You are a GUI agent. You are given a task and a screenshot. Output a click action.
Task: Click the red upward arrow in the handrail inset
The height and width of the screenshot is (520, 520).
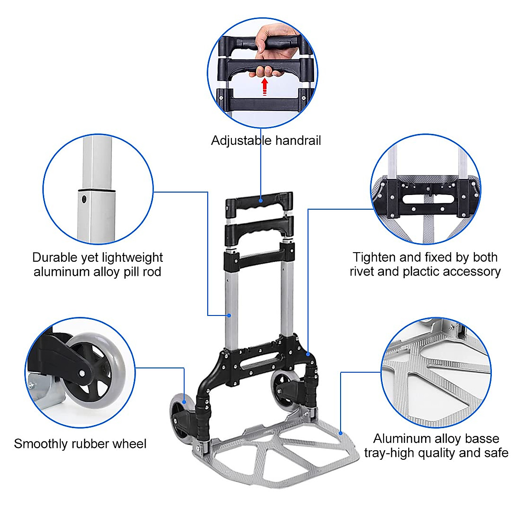(x=264, y=86)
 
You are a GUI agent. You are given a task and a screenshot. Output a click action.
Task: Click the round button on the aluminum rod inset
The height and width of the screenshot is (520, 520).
(x=84, y=199)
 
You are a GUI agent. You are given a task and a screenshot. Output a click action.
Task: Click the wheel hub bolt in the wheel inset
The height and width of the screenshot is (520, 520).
(x=82, y=374)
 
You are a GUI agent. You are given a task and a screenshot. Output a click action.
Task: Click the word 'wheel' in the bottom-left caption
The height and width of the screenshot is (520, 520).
(x=129, y=444)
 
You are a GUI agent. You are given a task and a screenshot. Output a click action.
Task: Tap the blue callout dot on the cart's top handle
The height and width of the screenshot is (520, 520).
(x=261, y=200)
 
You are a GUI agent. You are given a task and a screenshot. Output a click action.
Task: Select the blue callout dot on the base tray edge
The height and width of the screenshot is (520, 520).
(x=341, y=432)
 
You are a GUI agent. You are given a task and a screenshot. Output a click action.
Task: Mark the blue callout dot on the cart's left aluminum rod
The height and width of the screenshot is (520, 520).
(x=230, y=315)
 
